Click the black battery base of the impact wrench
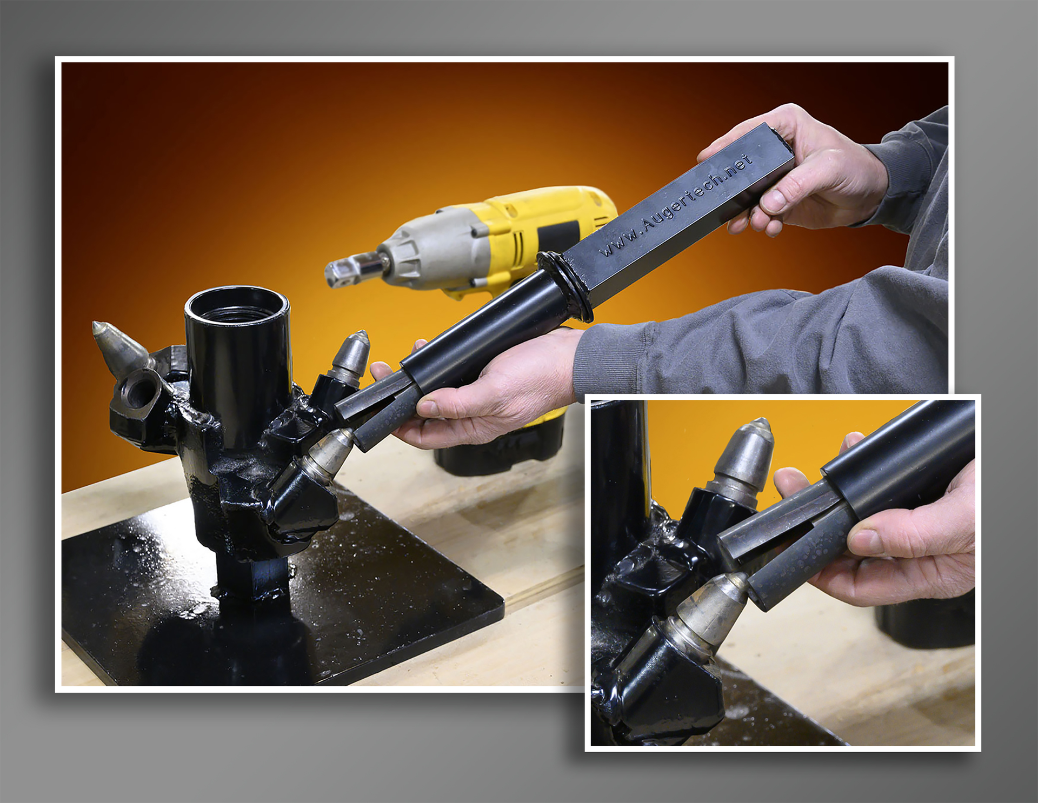(497, 451)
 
